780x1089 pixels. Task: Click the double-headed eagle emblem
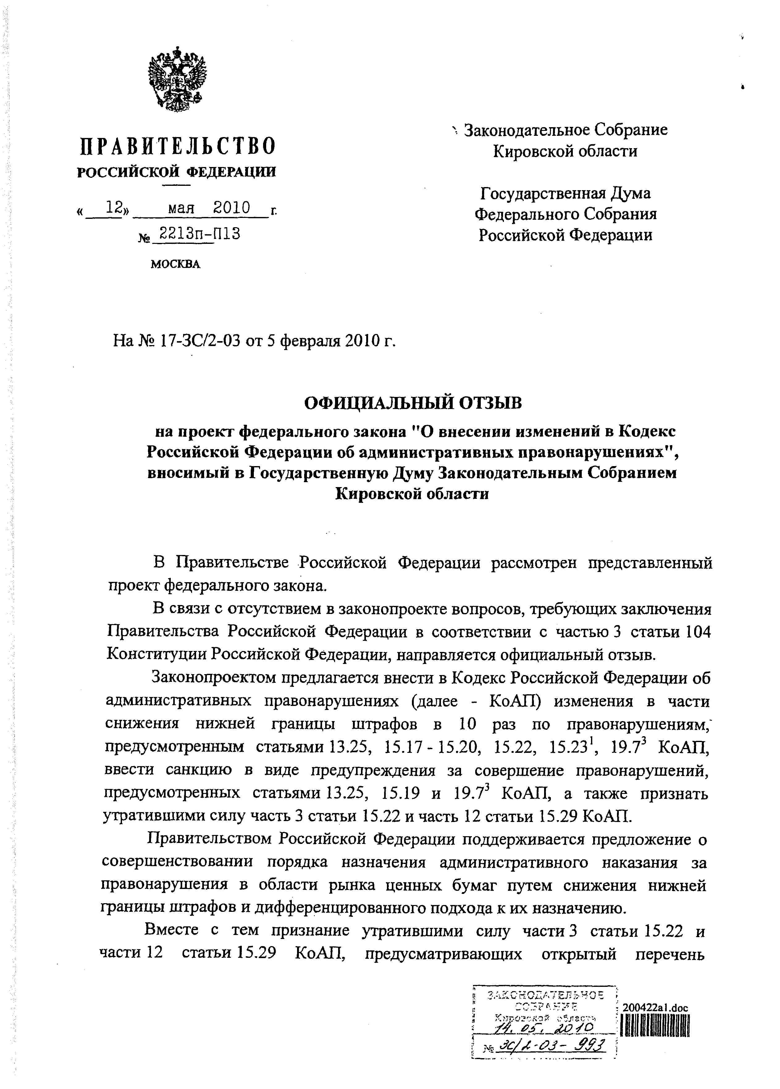[x=177, y=79]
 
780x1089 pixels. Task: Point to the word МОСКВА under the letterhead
[x=175, y=264]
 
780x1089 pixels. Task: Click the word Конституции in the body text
[x=155, y=654]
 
